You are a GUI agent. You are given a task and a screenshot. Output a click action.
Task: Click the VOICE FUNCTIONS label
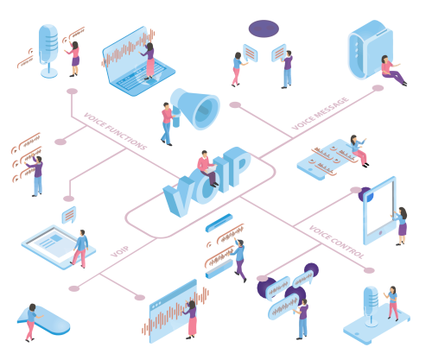coord(115,131)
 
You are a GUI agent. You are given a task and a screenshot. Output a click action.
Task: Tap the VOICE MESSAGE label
coord(321,114)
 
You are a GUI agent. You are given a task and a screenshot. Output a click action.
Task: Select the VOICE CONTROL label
coord(336,242)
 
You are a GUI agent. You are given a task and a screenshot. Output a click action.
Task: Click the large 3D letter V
coord(180,197)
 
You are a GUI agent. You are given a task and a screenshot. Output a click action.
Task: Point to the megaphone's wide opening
coord(206,111)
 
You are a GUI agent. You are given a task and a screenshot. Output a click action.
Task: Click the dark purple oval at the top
coord(264,28)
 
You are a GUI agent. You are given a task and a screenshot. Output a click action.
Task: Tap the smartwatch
coord(370,49)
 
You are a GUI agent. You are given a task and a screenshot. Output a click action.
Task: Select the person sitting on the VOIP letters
coord(207,168)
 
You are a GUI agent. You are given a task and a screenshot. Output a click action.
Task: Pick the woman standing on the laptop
coord(149,61)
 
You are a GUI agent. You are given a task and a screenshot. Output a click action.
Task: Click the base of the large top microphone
coord(49,73)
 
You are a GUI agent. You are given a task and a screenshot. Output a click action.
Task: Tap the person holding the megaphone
coord(167,123)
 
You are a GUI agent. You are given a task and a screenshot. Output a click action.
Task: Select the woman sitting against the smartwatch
coord(392,70)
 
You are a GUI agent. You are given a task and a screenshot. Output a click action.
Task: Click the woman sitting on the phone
coord(359,150)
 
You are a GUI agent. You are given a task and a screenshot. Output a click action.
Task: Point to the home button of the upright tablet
coord(380,232)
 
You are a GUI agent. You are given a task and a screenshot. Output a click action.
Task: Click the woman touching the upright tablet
coord(401,226)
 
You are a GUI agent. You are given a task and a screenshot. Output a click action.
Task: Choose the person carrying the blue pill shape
coord(32,322)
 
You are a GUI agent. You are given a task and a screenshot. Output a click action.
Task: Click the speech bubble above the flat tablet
coord(69,215)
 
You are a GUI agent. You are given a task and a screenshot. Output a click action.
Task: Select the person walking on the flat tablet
coord(79,249)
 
